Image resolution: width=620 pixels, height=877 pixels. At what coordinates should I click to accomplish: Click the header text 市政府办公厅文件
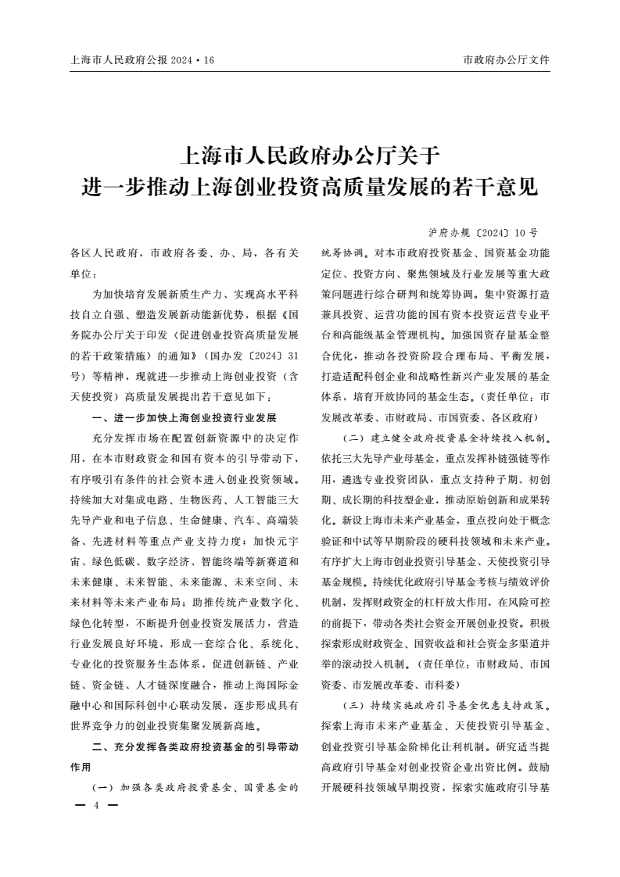pyautogui.click(x=506, y=59)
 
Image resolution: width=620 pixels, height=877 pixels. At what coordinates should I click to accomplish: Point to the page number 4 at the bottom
pyautogui.click(x=95, y=806)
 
